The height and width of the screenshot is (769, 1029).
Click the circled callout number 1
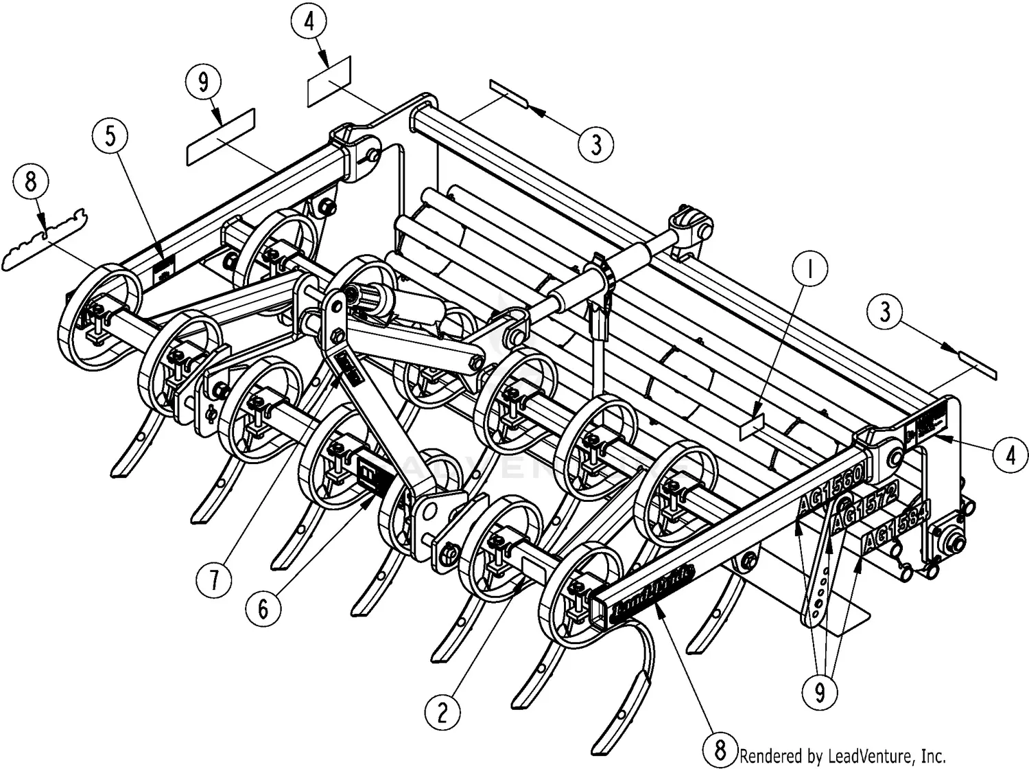(x=809, y=271)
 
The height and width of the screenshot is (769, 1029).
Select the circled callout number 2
(x=442, y=712)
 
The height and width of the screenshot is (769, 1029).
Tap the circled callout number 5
(x=110, y=137)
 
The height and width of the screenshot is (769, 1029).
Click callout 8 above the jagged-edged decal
(x=31, y=183)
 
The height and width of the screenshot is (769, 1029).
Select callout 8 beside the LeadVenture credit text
(x=720, y=748)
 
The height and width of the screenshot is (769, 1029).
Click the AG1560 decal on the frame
(x=833, y=494)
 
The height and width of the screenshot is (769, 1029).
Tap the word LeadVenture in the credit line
(x=868, y=756)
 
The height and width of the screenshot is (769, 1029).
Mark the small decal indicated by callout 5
(x=163, y=270)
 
